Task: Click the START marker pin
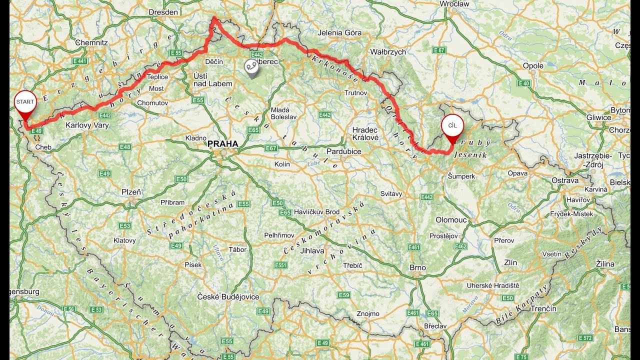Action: tap(25, 102)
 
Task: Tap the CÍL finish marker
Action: tap(452, 126)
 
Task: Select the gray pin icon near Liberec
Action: tap(251, 67)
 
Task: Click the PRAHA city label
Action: tap(222, 144)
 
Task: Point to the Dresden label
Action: tap(163, 12)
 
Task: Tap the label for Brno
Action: tap(417, 267)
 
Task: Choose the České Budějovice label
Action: tap(228, 297)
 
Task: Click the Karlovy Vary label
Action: tap(87, 125)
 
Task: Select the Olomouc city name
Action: tap(451, 220)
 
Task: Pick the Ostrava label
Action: tap(565, 180)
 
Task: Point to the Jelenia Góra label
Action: tap(339, 33)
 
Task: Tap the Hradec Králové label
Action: tap(364, 133)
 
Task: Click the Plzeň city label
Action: tap(131, 192)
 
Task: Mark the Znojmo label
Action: tap(367, 313)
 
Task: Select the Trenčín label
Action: tap(543, 308)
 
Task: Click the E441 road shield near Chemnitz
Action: tap(79, 61)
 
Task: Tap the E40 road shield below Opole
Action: tap(524, 83)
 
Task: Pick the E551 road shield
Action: tap(281, 265)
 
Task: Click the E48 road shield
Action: tap(124, 147)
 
